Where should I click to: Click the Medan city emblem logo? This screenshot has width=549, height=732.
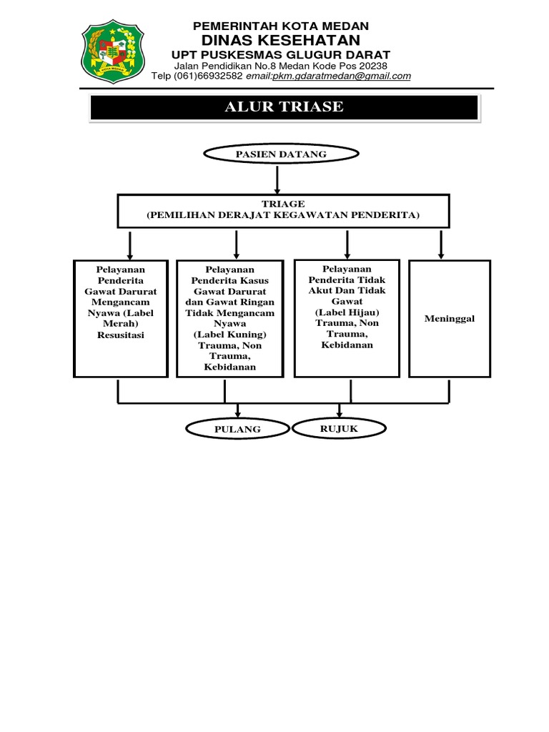113,53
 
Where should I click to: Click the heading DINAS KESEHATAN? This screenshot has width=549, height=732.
281,40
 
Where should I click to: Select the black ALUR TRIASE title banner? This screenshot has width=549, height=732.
284,107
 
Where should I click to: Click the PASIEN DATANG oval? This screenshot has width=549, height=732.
281,154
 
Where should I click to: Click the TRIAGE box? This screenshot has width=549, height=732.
283,209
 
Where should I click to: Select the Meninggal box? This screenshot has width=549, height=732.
449,319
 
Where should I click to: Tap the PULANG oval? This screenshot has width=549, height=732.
237,429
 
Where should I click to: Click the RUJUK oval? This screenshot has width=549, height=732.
340,428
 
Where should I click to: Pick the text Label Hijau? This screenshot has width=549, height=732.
347,312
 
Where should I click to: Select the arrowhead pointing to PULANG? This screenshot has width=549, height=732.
237,414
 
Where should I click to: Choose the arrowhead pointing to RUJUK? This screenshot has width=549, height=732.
340,413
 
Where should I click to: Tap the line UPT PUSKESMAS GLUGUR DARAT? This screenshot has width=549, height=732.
281,55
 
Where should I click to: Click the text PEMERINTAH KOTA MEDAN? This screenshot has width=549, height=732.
281,26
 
